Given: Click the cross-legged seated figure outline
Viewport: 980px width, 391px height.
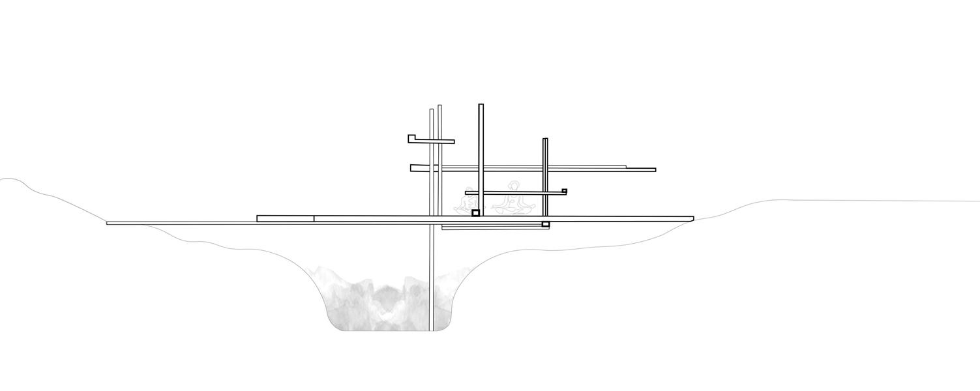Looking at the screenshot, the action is click(x=514, y=201).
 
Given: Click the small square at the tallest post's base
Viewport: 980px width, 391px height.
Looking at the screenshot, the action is click(x=476, y=213).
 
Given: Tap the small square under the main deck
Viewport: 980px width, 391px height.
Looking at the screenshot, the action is click(x=546, y=225).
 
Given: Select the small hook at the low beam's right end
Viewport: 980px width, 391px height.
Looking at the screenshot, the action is click(x=564, y=191).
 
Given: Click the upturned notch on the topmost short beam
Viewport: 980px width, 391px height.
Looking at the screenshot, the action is click(x=411, y=138).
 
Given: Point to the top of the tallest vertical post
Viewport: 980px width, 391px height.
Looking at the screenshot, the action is click(x=481, y=106).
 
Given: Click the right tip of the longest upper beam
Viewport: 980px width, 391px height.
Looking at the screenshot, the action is click(x=654, y=170).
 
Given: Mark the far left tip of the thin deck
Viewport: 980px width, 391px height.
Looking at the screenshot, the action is click(x=108, y=224).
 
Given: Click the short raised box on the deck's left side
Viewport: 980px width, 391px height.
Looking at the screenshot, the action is click(x=285, y=218).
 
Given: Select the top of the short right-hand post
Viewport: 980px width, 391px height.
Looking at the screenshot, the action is click(x=545, y=139).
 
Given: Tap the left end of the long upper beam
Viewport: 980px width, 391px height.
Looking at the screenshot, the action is click(x=412, y=168).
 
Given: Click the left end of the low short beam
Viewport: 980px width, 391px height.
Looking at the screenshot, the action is click(x=467, y=192).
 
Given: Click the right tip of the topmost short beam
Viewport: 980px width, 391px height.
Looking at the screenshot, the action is click(x=453, y=141).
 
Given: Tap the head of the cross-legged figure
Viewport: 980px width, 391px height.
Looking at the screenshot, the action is click(x=514, y=186).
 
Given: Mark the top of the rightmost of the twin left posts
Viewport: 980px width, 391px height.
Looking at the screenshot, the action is click(x=440, y=106).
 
